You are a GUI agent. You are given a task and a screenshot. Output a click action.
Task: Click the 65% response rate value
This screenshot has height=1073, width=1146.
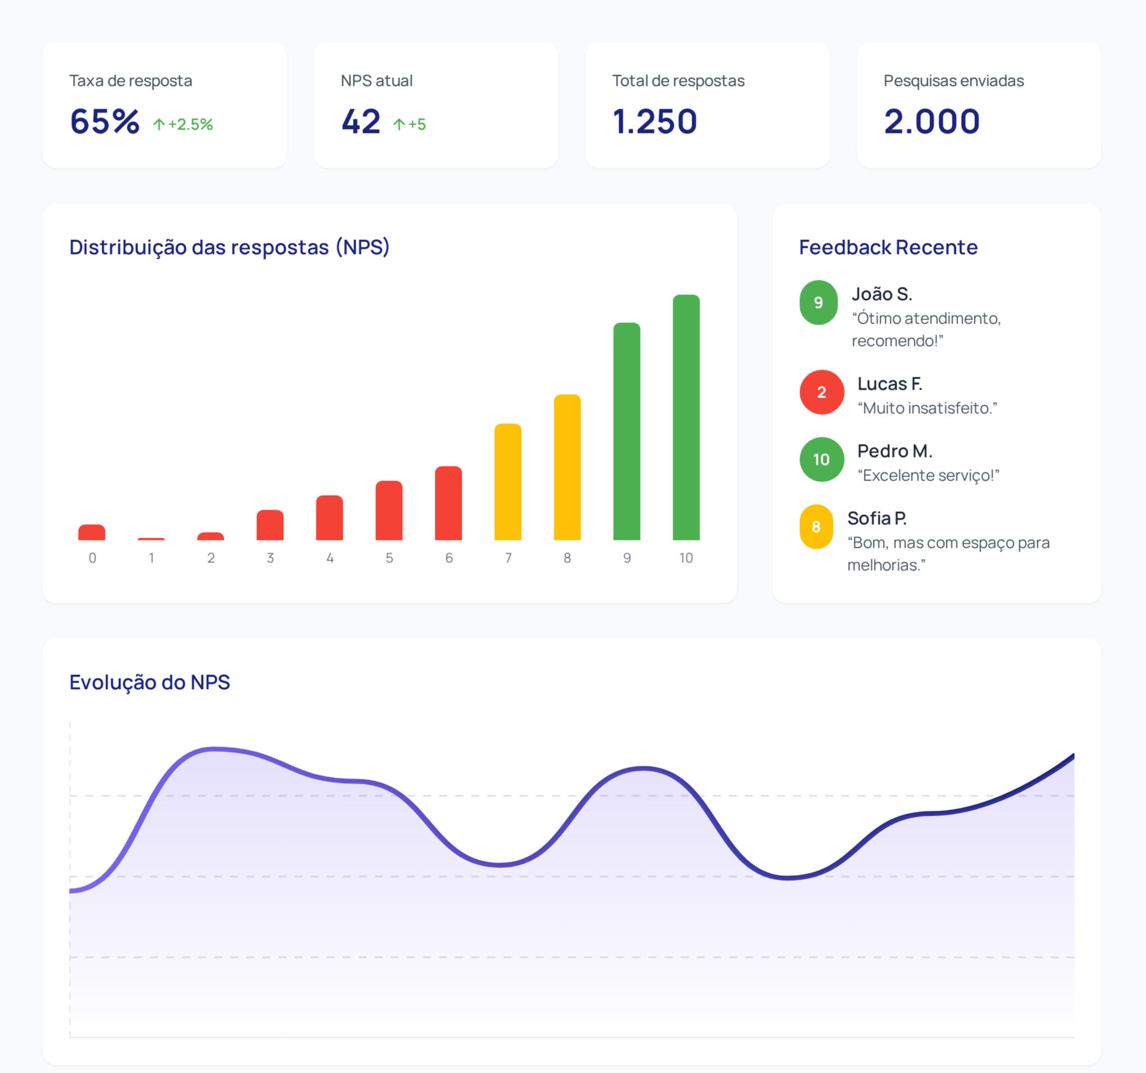(x=104, y=122)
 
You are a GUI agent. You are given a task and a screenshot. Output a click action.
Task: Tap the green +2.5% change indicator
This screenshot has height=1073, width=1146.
(x=183, y=125)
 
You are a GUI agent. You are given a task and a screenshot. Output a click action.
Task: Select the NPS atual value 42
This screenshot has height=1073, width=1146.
(x=361, y=122)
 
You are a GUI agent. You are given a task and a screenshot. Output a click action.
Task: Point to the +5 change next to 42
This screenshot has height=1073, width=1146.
(x=410, y=125)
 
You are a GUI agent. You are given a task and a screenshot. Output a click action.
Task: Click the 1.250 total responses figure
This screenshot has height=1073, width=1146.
(x=655, y=122)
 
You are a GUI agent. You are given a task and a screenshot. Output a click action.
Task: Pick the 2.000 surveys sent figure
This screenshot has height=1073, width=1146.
(x=931, y=122)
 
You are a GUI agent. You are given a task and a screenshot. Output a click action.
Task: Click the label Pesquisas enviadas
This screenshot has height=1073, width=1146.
(x=953, y=81)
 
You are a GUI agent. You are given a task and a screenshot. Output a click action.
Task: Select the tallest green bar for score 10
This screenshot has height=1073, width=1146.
(x=686, y=417)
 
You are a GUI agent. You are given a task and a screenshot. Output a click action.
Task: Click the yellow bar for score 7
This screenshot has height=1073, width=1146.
(x=508, y=482)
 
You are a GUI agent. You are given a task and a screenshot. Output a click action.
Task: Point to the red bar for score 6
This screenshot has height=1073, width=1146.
(x=448, y=503)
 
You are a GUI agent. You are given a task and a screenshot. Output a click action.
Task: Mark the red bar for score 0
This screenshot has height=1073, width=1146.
(x=92, y=532)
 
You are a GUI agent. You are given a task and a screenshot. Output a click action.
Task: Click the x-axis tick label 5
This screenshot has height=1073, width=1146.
(x=389, y=558)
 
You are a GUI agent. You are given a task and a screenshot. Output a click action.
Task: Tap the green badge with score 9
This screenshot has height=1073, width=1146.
(x=818, y=303)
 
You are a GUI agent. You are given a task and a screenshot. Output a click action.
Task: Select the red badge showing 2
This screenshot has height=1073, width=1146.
(x=821, y=392)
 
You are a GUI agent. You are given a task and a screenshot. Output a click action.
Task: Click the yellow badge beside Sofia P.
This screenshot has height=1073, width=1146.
(x=816, y=527)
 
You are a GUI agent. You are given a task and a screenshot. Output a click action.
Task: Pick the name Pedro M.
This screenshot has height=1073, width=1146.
(x=895, y=451)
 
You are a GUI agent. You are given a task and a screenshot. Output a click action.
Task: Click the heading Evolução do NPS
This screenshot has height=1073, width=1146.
(x=149, y=682)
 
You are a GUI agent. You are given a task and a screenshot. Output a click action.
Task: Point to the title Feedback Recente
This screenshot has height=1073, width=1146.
(x=888, y=247)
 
